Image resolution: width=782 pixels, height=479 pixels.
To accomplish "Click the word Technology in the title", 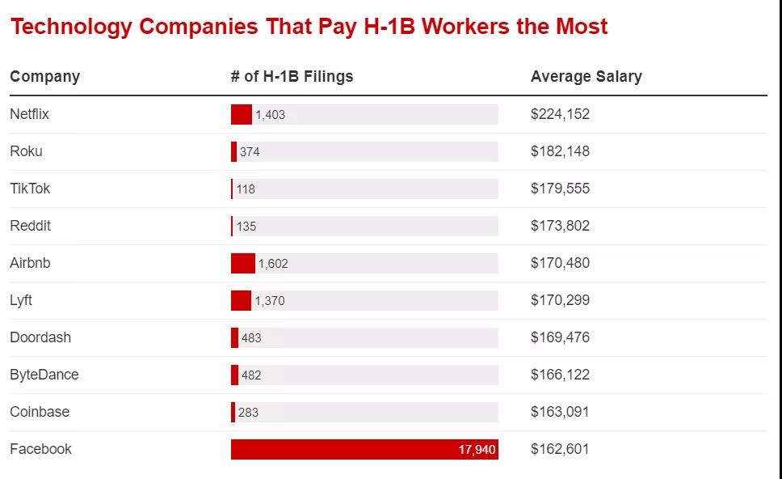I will pos(70,27).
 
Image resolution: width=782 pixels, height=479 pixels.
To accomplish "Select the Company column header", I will pos(44,77).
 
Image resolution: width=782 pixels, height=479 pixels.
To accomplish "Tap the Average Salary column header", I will pos(586,77).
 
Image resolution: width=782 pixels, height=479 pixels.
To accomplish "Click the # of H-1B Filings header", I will pos(292,77).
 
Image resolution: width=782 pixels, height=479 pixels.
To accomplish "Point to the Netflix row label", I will pos(29,114).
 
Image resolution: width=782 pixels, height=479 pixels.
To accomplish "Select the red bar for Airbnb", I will pos(242,263).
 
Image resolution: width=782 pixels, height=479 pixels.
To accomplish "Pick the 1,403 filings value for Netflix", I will pos(270,115).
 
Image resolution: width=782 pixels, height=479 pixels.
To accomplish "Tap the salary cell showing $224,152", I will pos(560,114).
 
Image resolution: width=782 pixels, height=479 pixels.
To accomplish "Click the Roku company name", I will pos(26,151).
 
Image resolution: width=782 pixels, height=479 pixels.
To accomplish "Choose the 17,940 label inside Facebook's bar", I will pos(477,450).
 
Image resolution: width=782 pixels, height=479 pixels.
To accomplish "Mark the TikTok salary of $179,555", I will pos(560,189).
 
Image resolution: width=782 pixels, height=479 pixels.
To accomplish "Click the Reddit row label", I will pos(30,226).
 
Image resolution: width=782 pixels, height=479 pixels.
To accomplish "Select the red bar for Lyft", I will pos(241,300).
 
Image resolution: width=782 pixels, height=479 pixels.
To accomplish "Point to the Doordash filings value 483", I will pos(251,338).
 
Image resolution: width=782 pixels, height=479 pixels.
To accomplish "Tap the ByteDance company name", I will pos(44,375).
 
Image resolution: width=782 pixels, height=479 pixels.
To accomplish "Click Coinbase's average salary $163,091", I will pos(560,412).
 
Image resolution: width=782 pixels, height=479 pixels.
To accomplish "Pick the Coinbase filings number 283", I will pos(248,413).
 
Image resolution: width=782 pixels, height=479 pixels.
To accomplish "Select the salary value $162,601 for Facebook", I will pos(560,449).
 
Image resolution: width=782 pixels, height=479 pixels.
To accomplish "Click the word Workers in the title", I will pos(465,27).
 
